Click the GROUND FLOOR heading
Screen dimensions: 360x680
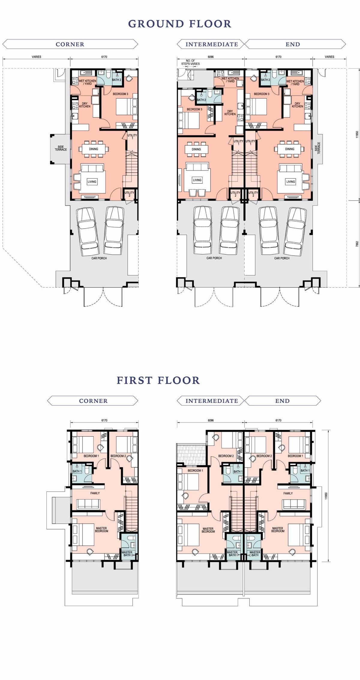[180, 24]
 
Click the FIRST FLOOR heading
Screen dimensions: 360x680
[158, 380]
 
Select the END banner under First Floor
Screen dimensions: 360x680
[282, 401]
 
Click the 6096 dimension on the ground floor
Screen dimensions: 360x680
[211, 57]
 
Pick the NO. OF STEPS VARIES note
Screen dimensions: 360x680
[190, 62]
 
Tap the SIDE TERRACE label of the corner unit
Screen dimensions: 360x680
[61, 148]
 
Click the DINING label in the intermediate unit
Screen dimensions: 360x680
[196, 149]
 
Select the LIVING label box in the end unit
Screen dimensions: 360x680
[290, 181]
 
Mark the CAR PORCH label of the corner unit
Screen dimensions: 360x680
[99, 258]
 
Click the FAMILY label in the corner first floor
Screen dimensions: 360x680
[95, 493]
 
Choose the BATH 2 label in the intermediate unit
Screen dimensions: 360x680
[201, 100]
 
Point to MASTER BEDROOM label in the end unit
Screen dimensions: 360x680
[278, 530]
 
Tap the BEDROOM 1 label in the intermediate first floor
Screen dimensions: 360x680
[195, 471]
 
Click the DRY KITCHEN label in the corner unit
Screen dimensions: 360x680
[85, 105]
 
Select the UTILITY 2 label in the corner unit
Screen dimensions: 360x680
[130, 194]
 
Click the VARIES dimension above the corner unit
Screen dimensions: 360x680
[37, 57]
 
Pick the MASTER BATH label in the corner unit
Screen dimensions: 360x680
[127, 553]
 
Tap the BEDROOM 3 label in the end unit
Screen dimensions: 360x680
[262, 94]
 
